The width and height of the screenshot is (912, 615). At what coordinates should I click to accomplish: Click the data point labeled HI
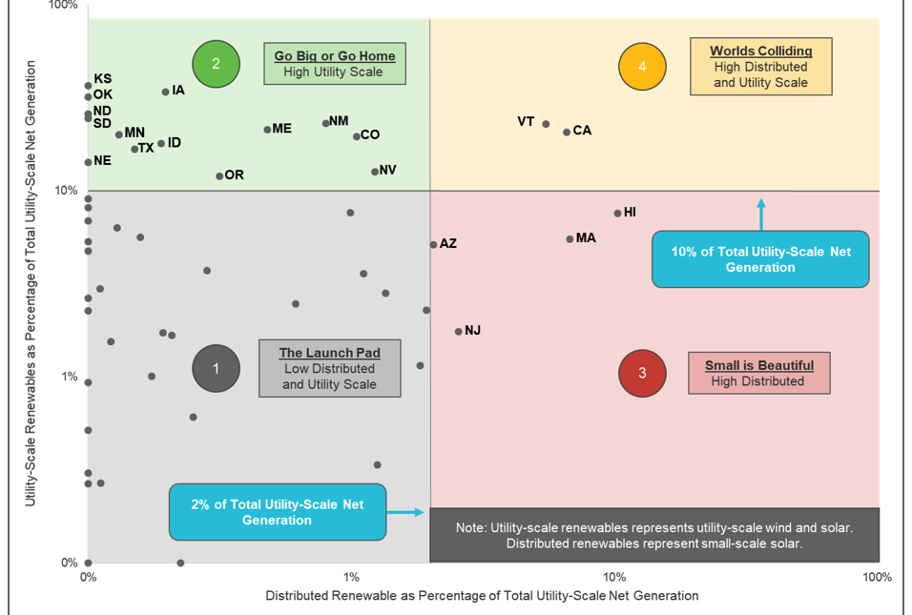pyautogui.click(x=617, y=213)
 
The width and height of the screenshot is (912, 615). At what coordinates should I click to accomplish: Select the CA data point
pyautogui.click(x=566, y=132)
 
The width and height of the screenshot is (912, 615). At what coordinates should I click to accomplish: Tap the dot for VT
pyautogui.click(x=546, y=124)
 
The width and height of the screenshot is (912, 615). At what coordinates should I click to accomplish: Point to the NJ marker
pyautogui.click(x=458, y=331)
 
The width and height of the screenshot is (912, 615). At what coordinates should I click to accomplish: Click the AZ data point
pyautogui.click(x=433, y=244)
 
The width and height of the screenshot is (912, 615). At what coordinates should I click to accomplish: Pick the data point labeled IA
pyautogui.click(x=165, y=92)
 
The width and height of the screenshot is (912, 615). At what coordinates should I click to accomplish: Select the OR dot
pyautogui.click(x=219, y=175)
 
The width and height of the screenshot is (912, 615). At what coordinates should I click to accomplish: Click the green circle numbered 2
pyautogui.click(x=216, y=64)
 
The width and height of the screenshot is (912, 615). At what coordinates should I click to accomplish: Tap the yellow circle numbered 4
pyautogui.click(x=642, y=67)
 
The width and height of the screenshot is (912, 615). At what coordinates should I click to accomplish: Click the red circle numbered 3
pyautogui.click(x=642, y=373)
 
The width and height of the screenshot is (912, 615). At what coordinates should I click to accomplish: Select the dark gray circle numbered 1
pyautogui.click(x=216, y=368)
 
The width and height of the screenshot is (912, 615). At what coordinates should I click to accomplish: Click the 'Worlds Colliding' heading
pyautogui.click(x=760, y=51)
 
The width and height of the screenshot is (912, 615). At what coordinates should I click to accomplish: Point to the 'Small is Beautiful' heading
pyautogui.click(x=758, y=365)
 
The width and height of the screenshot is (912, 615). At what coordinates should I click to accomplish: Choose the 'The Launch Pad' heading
pyautogui.click(x=329, y=353)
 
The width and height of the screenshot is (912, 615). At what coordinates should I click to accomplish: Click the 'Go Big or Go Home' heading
pyautogui.click(x=334, y=56)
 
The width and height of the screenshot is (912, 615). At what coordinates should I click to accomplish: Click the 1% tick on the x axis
pyautogui.click(x=351, y=577)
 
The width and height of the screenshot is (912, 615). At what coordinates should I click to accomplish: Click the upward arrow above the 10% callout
pyautogui.click(x=760, y=214)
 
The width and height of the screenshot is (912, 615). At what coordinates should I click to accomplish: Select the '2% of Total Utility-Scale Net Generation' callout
pyautogui.click(x=277, y=512)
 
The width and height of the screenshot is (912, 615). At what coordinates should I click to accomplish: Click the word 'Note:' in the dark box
pyautogui.click(x=472, y=527)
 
